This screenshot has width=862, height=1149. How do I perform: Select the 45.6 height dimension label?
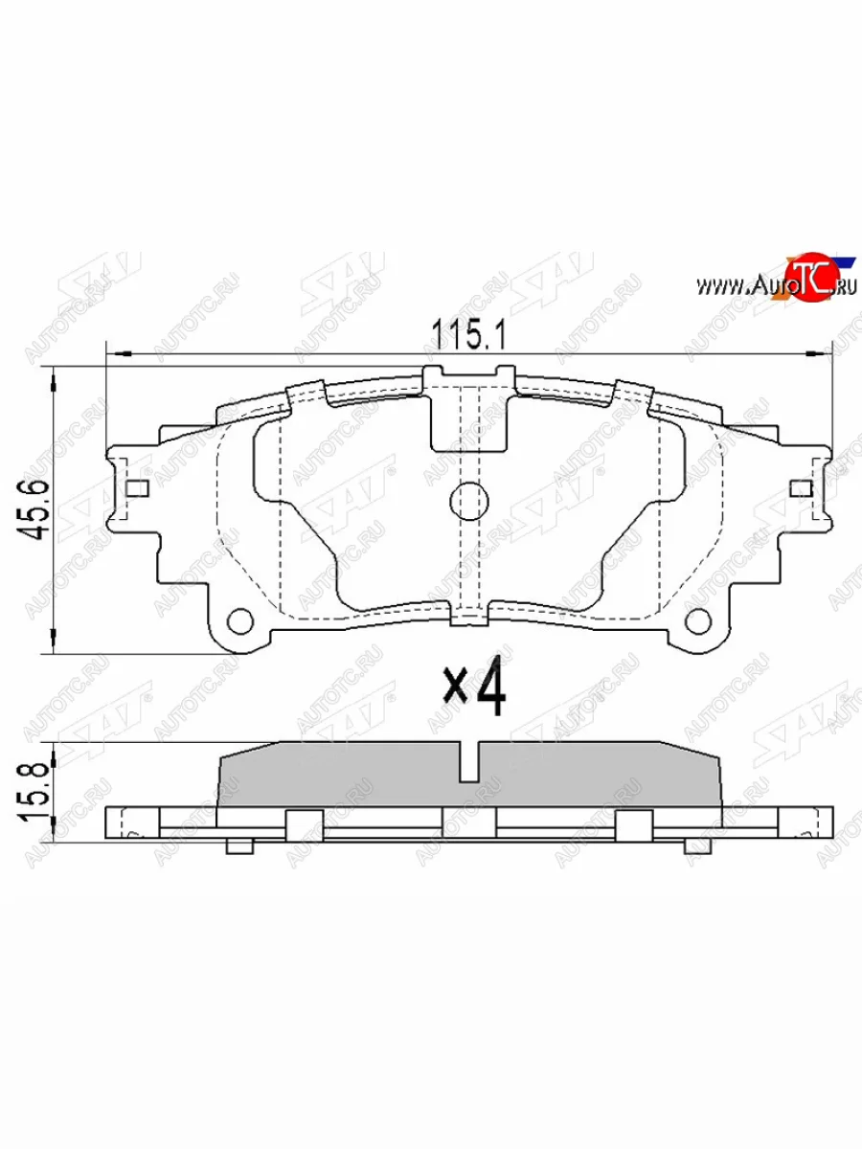tap(40, 510)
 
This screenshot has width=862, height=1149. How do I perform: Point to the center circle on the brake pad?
tap(467, 501)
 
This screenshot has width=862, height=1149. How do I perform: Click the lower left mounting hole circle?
tap(240, 621)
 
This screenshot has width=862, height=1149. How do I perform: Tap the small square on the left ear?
tap(137, 489)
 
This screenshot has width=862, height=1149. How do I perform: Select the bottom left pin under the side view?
tap(239, 845)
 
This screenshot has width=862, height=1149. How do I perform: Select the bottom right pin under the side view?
tap(697, 845)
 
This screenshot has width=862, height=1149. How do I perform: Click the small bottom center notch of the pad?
tap(467, 618)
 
